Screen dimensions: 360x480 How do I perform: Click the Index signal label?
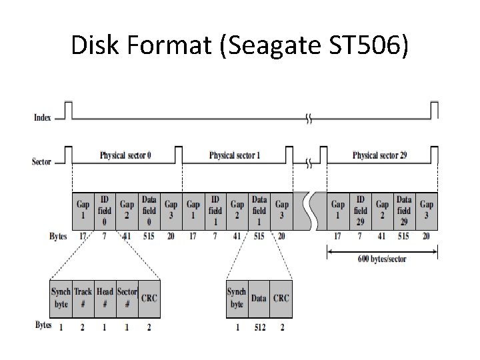41,118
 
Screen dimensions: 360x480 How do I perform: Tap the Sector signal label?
41,162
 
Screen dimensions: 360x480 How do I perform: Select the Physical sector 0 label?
125,155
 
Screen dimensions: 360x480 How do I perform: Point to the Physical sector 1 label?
235,155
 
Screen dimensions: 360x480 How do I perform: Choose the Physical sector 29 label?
380,155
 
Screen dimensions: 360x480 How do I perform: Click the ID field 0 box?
105,211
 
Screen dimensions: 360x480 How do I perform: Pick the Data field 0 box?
149,211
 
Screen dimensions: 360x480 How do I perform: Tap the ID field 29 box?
361,211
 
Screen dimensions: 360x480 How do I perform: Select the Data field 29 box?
404,211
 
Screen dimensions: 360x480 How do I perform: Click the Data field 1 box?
259,211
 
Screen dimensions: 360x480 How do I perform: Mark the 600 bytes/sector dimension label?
382,259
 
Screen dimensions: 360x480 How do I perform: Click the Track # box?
83,297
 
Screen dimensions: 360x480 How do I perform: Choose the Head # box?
105,297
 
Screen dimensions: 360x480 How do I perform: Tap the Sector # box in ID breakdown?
127,297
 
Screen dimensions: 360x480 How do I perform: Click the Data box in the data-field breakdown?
259,298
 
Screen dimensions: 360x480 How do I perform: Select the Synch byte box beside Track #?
61,297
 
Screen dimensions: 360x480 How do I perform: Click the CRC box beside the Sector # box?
149,297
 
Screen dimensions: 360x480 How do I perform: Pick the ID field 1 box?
215,211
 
